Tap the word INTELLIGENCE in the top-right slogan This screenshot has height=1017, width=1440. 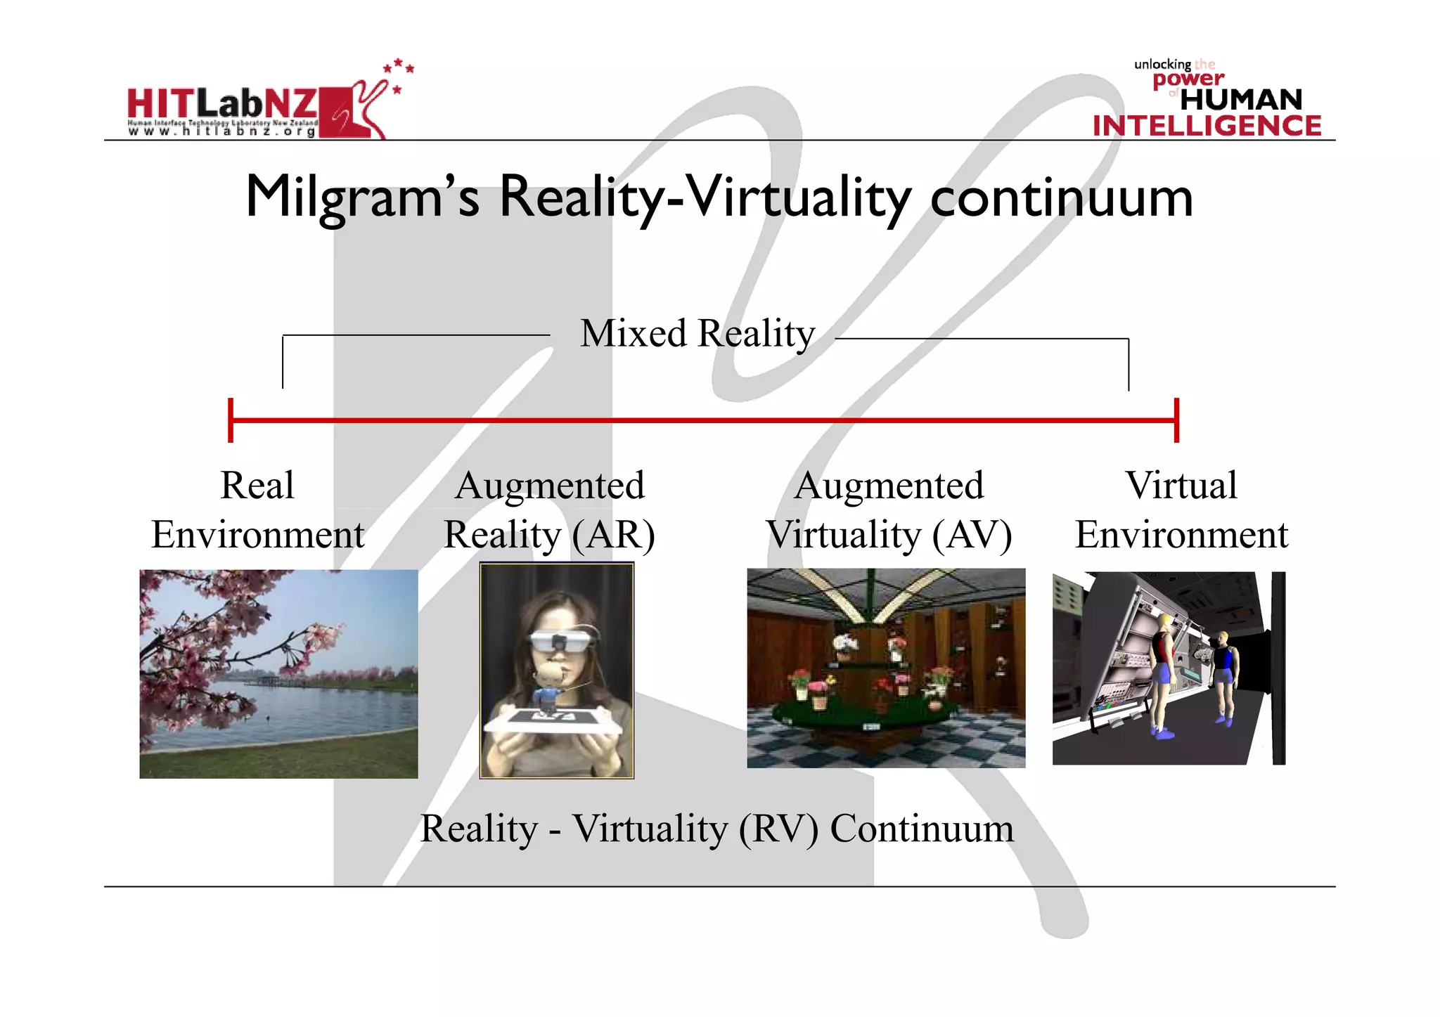[x=1207, y=126]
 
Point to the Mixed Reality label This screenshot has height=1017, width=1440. [x=697, y=333]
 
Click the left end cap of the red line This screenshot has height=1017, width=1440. [x=231, y=420]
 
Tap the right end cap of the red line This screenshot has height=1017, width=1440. [x=1176, y=420]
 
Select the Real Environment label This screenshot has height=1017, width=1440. [x=257, y=510]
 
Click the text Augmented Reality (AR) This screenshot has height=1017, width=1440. [x=549, y=510]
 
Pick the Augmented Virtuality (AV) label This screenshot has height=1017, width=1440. [x=889, y=510]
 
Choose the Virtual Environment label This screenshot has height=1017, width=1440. [x=1181, y=510]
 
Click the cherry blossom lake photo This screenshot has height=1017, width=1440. [x=278, y=673]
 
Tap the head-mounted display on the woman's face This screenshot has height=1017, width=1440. [x=561, y=640]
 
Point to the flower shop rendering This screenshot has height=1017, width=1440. [x=886, y=668]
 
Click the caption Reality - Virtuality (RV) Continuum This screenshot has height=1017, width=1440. [x=716, y=829]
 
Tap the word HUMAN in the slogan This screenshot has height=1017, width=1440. [x=1241, y=100]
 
